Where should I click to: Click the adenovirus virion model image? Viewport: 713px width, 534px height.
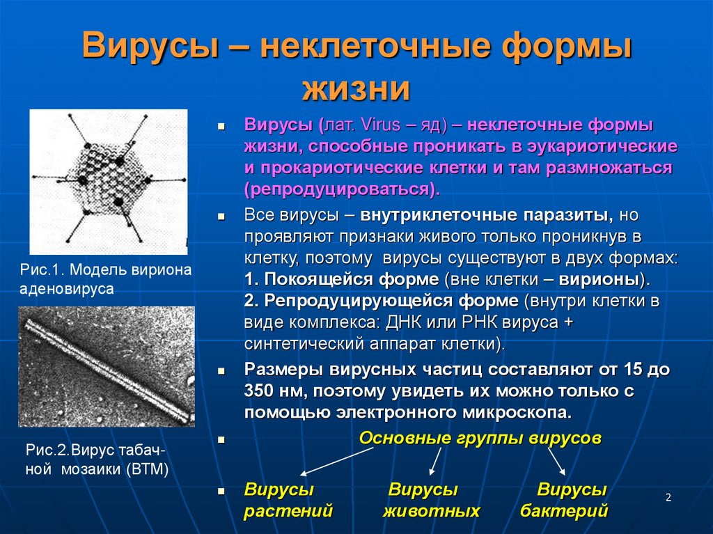click(108, 181)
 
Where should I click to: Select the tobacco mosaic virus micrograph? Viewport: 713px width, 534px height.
click(107, 366)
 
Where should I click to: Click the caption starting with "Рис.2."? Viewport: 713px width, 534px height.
click(97, 459)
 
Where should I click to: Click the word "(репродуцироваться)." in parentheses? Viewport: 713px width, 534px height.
click(342, 189)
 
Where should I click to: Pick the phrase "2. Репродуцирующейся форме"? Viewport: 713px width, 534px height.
click(382, 301)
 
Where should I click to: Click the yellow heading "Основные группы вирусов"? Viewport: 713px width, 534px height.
click(480, 439)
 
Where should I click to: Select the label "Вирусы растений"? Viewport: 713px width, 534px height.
click(288, 501)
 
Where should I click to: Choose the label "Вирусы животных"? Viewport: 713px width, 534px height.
click(431, 501)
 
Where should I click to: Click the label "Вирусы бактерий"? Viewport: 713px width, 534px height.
click(565, 501)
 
